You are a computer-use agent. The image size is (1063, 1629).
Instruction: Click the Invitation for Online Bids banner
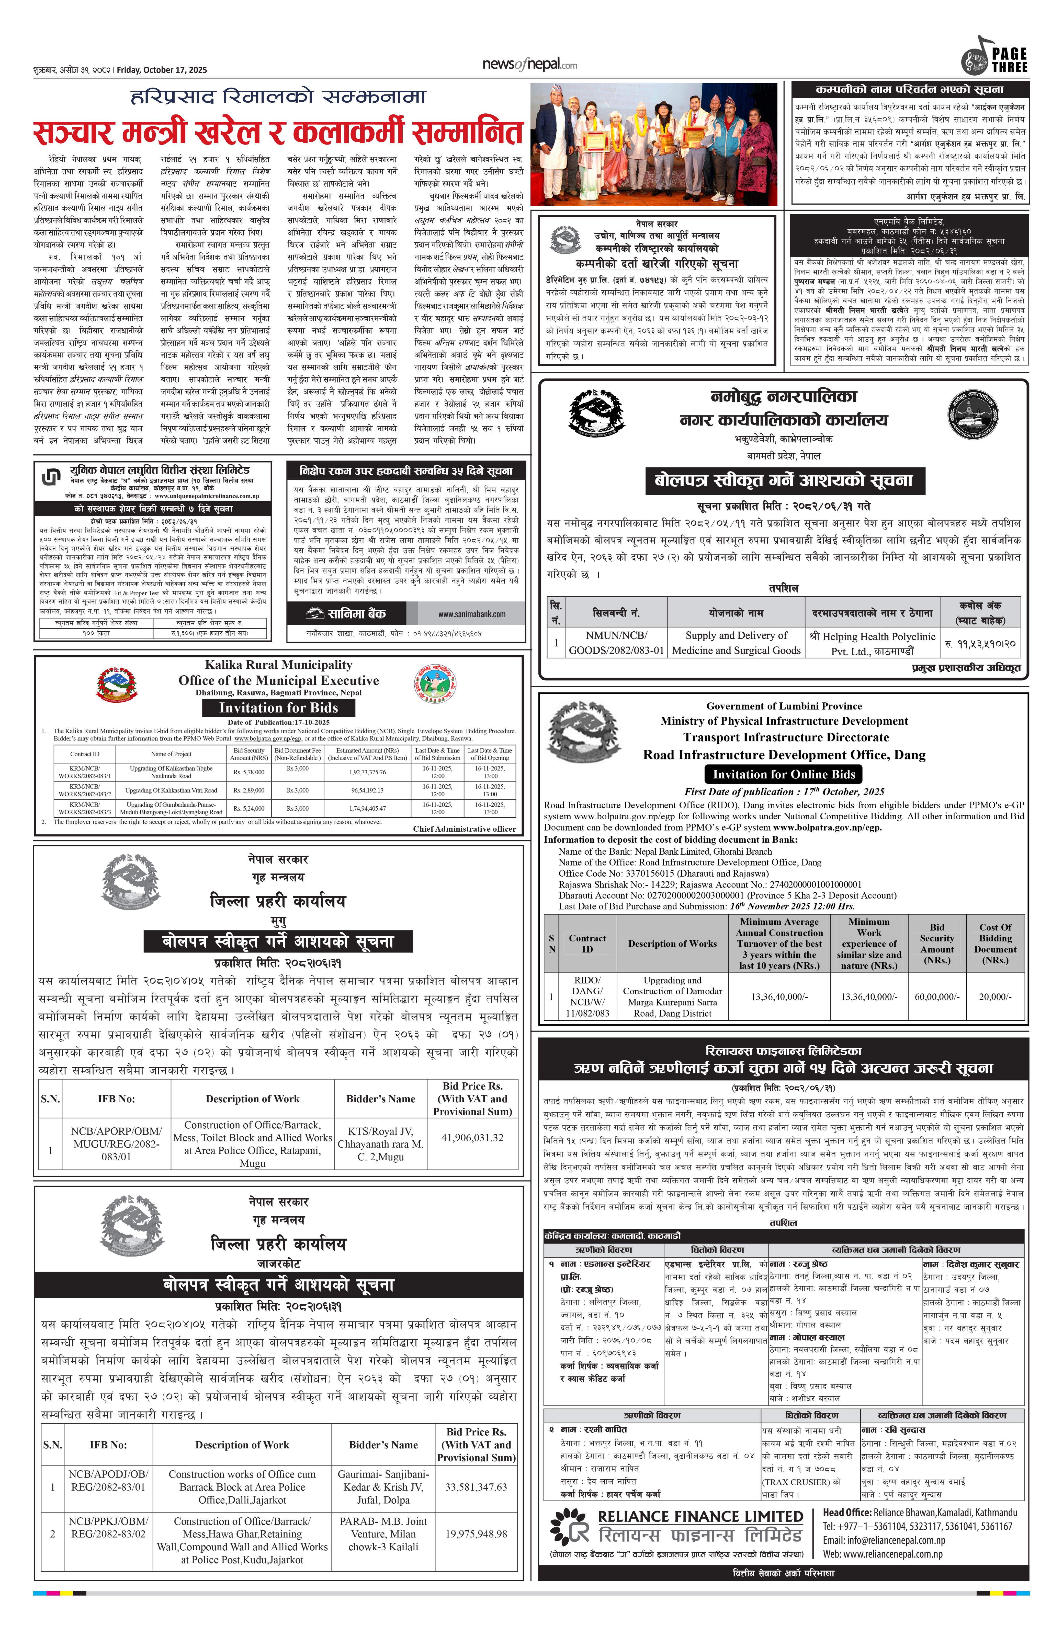[x=784, y=774]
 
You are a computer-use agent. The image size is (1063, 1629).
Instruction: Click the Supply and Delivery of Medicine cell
[x=736, y=643]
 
